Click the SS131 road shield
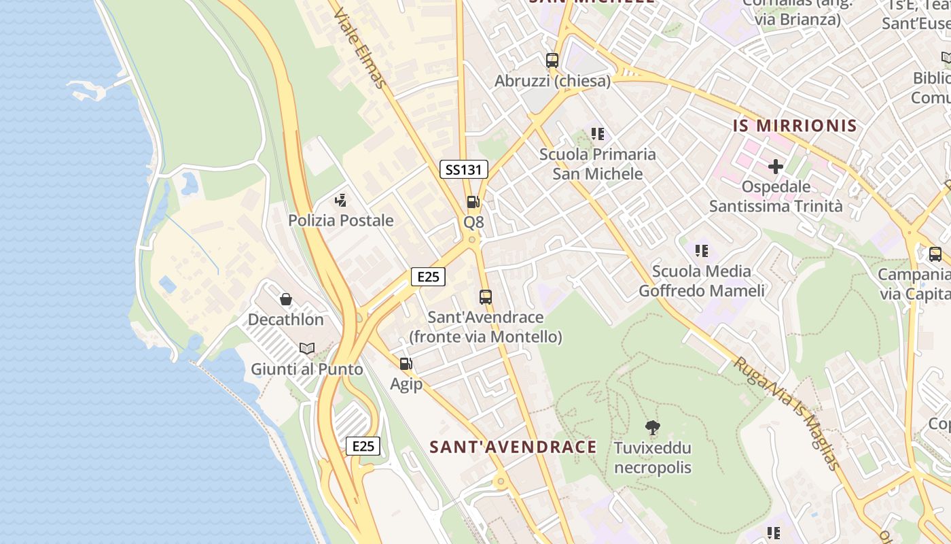pyautogui.click(x=464, y=169)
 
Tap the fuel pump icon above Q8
pyautogui.click(x=473, y=202)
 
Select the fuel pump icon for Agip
pyautogui.click(x=406, y=364)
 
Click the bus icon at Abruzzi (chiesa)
pyautogui.click(x=552, y=60)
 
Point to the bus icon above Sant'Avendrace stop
pyautogui.click(x=485, y=296)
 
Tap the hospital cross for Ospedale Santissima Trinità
pyautogui.click(x=775, y=166)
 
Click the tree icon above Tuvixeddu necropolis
pyautogui.click(x=652, y=428)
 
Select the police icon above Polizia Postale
pyautogui.click(x=341, y=200)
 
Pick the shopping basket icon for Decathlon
pyautogui.click(x=285, y=299)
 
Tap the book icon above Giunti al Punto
pyautogui.click(x=307, y=349)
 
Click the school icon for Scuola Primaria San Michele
pyautogui.click(x=597, y=134)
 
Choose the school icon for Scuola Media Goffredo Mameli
pyautogui.click(x=702, y=251)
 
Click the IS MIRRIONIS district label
pyautogui.click(x=795, y=126)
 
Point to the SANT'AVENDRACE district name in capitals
pyautogui.click(x=513, y=447)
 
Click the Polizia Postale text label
pyautogui.click(x=341, y=220)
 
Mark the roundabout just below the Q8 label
pyautogui.click(x=472, y=240)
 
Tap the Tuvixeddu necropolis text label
pyautogui.click(x=652, y=458)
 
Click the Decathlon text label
pyautogui.click(x=285, y=320)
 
